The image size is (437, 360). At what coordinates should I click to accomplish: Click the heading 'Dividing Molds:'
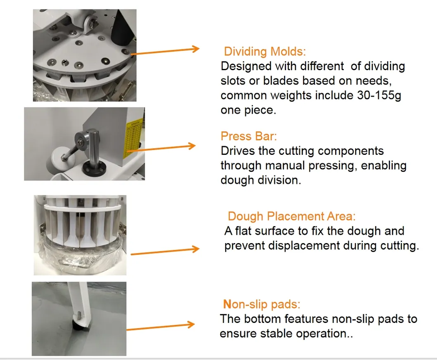click(265, 52)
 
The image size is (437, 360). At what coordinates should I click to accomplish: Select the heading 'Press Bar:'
click(248, 136)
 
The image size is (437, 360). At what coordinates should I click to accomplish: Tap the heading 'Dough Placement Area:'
click(291, 216)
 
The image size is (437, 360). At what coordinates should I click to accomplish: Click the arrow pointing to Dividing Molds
click(165, 51)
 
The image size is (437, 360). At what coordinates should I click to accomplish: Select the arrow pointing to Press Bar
click(161, 147)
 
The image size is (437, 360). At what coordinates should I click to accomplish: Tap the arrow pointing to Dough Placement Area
click(165, 251)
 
